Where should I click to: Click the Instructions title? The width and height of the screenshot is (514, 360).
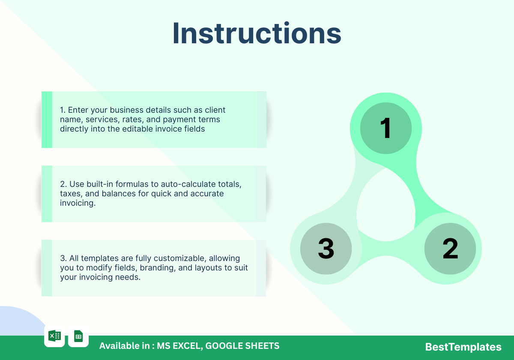coord(257,33)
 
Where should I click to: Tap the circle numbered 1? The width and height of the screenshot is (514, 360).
coord(386,128)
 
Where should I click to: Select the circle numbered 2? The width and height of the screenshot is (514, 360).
coord(450,249)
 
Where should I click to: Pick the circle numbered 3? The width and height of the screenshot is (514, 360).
coord(326,249)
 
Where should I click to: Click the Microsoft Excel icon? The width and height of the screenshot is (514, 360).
coord(55,336)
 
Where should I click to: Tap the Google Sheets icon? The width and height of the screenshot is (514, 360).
coord(78,336)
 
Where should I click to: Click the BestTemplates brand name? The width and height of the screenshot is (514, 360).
coord(463,347)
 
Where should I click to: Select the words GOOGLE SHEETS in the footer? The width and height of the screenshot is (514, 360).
coord(242,346)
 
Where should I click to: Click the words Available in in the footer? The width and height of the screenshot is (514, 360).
coord(124,346)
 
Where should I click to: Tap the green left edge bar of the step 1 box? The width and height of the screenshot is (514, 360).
coord(47,120)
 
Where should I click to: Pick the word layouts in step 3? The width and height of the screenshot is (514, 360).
coord(206,268)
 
